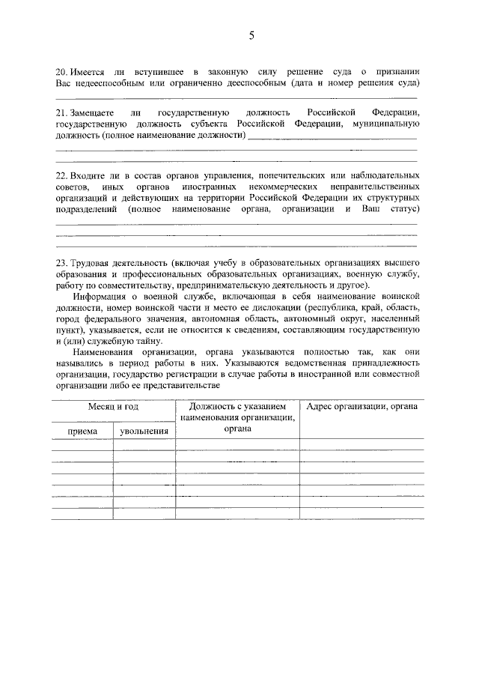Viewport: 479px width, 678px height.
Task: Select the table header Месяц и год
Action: (x=113, y=407)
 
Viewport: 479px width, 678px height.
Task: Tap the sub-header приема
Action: (x=82, y=431)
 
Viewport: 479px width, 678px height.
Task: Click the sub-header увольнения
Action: (x=144, y=431)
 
